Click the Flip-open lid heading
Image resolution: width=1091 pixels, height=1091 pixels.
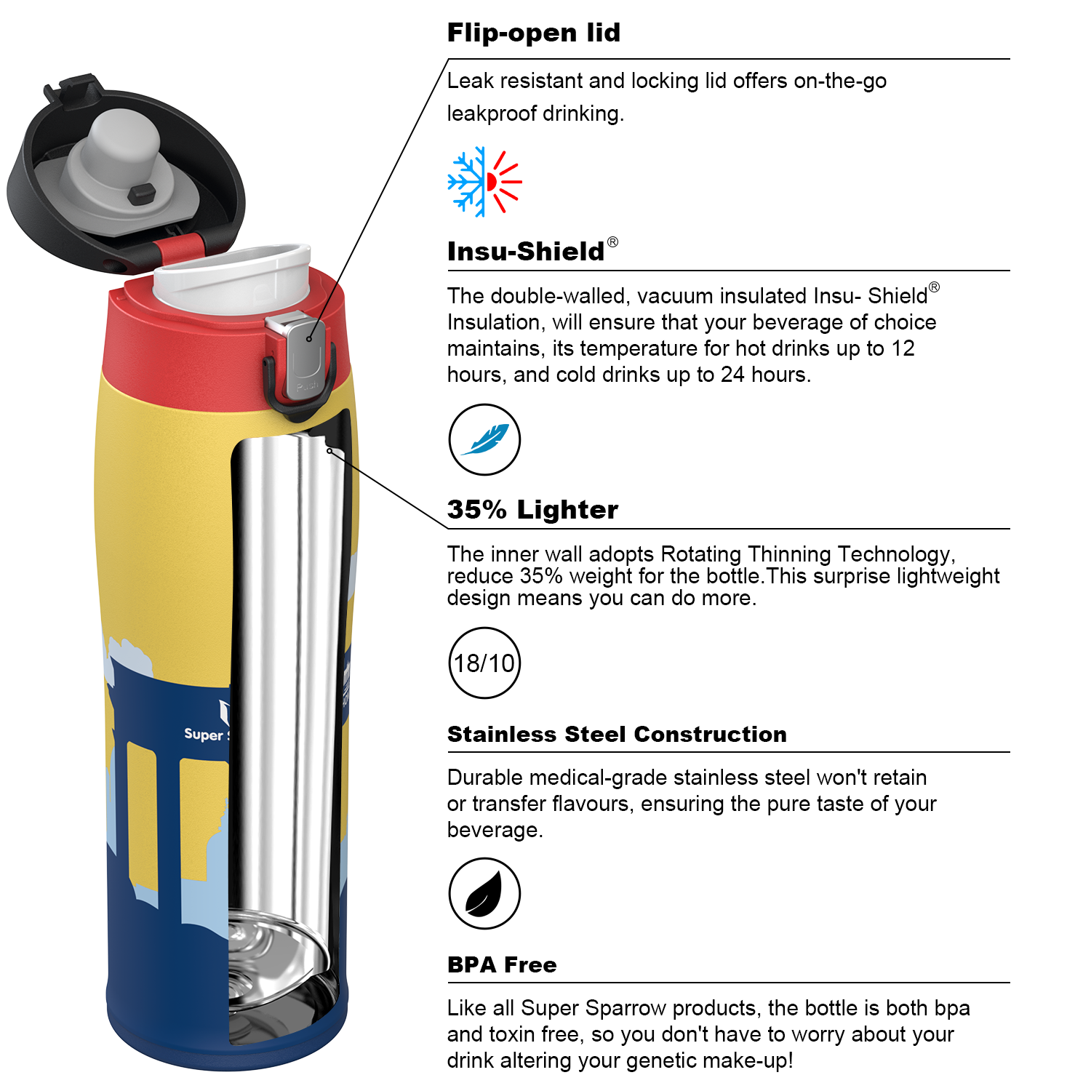(x=534, y=33)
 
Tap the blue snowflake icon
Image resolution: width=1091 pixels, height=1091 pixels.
(x=466, y=182)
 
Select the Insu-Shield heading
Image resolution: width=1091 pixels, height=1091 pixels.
(x=526, y=251)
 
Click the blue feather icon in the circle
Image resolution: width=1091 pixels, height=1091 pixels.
(x=484, y=439)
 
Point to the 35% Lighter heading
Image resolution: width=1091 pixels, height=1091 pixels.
(x=532, y=509)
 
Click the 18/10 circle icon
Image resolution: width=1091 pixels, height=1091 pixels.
(x=484, y=663)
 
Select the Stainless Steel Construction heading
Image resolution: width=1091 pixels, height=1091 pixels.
(x=617, y=734)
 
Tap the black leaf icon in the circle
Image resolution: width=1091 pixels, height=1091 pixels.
(x=484, y=893)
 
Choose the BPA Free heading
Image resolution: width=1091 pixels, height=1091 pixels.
(x=502, y=964)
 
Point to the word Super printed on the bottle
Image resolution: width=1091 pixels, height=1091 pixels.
(x=204, y=735)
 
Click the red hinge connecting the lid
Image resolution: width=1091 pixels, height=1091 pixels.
(x=178, y=249)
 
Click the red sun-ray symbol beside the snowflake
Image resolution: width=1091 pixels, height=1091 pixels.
(x=504, y=182)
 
